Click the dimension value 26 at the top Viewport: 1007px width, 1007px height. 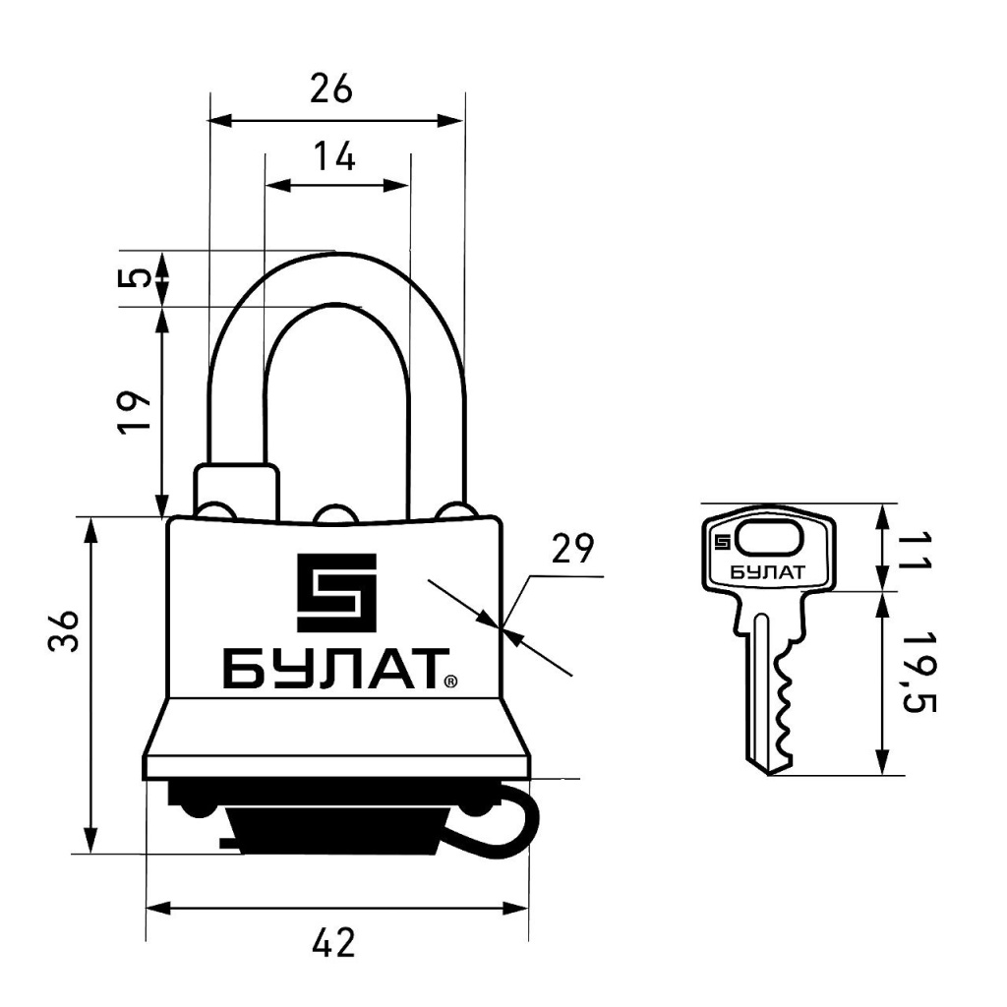[x=330, y=89]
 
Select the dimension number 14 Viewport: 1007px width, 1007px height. [x=334, y=156]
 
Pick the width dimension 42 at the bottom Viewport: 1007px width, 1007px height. [x=333, y=943]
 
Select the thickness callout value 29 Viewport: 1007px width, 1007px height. [x=573, y=549]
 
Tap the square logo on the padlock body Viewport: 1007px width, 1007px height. [x=336, y=592]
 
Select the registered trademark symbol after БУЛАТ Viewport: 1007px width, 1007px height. [x=450, y=681]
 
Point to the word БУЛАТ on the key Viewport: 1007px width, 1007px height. [x=767, y=572]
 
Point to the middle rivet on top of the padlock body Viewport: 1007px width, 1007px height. [x=334, y=513]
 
